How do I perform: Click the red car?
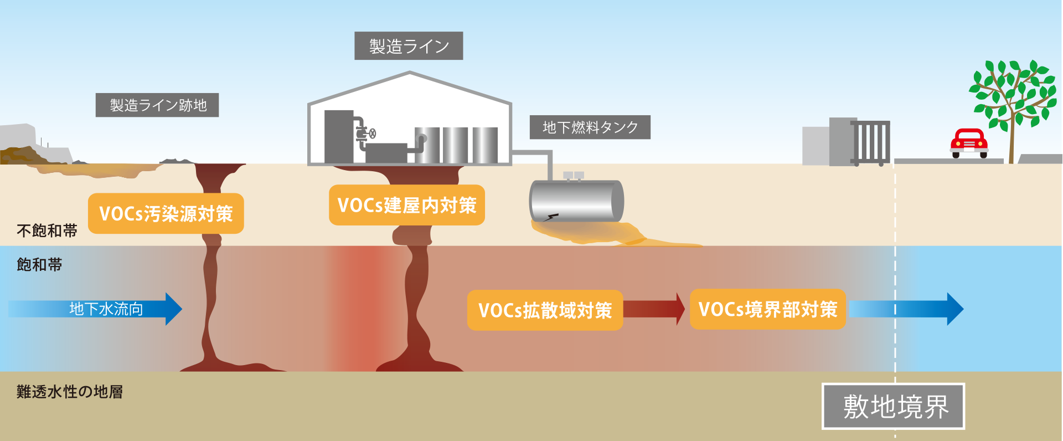[969, 143]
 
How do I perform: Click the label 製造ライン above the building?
[409, 46]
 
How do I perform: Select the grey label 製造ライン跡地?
[157, 105]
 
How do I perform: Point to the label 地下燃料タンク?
[590, 127]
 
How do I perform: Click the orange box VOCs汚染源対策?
[166, 213]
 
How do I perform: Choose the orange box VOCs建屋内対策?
[406, 205]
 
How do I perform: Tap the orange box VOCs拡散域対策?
[545, 310]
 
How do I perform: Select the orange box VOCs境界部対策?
[767, 309]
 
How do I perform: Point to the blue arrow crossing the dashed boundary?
[908, 309]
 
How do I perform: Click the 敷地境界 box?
[894, 406]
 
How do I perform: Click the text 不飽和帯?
[47, 230]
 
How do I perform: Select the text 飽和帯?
[39, 265]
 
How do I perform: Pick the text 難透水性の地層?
[70, 392]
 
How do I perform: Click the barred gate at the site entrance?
[870, 143]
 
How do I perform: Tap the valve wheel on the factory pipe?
[373, 133]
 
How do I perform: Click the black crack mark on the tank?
[552, 217]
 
